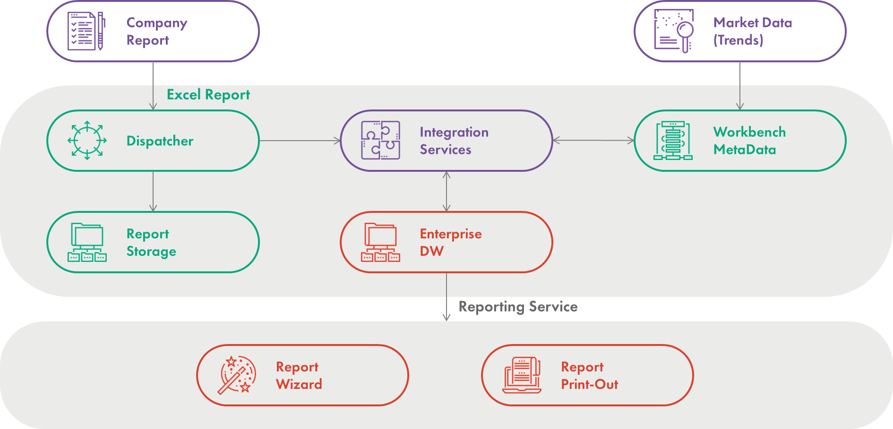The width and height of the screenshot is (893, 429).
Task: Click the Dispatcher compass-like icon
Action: pyautogui.click(x=87, y=141)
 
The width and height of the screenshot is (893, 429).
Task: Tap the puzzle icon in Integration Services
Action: pyautogui.click(x=380, y=140)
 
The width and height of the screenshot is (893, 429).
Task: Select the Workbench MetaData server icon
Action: pyautogui.click(x=673, y=141)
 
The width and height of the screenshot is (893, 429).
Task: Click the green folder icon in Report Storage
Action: pyautogui.click(x=87, y=242)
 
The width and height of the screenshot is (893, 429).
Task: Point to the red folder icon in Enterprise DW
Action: pyautogui.click(x=380, y=242)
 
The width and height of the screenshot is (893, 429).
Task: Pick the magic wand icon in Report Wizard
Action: pyautogui.click(x=236, y=375)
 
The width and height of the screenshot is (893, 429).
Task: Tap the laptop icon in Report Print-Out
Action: pyautogui.click(x=522, y=375)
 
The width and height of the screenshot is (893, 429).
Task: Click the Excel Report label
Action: pyautogui.click(x=208, y=95)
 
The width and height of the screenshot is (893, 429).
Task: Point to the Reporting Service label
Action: pyautogui.click(x=518, y=307)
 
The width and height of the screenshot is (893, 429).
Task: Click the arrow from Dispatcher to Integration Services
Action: pyautogui.click(x=300, y=141)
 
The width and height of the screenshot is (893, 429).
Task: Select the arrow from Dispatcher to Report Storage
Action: pyautogui.click(x=153, y=191)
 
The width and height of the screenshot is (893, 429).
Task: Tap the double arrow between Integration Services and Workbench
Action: pyautogui.click(x=593, y=140)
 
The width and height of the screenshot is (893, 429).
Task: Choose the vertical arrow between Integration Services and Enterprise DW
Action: pyautogui.click(x=446, y=191)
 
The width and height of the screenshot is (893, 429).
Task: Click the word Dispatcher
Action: pyautogui.click(x=160, y=141)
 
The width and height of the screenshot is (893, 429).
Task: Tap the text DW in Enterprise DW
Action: pyautogui.click(x=431, y=251)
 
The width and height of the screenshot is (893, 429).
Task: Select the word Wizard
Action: pyautogui.click(x=299, y=384)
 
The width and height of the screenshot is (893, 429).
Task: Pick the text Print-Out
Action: pyautogui.click(x=589, y=384)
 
